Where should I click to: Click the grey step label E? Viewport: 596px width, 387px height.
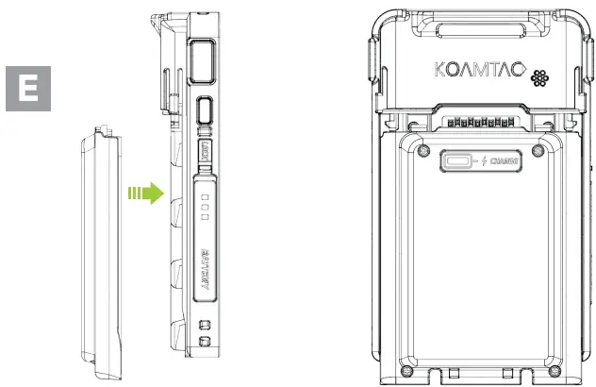(29, 90)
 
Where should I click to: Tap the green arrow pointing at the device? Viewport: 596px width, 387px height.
(144, 194)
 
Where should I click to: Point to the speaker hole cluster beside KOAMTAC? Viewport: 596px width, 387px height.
(541, 76)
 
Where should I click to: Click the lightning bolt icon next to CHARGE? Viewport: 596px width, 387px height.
(485, 160)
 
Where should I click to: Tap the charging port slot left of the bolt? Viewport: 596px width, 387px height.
(460, 160)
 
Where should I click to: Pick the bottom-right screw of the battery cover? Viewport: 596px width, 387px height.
(538, 365)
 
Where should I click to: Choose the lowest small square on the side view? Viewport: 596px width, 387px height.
(204, 342)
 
